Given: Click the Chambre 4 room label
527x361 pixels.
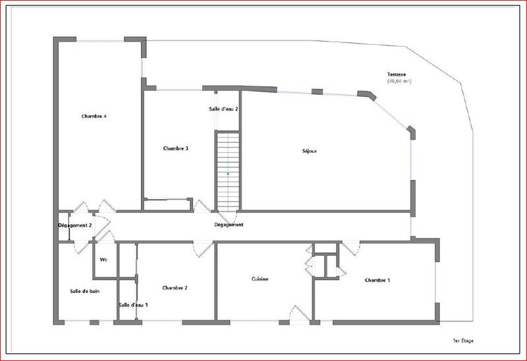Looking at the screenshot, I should [94, 117].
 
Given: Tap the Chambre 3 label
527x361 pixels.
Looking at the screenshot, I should [176, 148].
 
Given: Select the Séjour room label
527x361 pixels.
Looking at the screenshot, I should [309, 152].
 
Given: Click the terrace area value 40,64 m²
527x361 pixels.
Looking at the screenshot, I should [399, 82].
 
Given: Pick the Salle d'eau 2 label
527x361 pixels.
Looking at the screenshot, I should [223, 109].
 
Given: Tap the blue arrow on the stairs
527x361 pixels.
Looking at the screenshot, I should [228, 173].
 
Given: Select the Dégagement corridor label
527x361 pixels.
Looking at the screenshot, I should [229, 225].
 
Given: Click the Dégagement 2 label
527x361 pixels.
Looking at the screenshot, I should [75, 225].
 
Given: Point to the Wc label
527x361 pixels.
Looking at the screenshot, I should [103, 260].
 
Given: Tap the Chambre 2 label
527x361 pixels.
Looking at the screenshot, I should [175, 287].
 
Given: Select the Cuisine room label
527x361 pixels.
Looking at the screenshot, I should [260, 279].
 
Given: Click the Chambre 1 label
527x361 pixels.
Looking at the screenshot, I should [377, 281].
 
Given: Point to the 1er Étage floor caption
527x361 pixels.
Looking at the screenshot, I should [463, 341].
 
